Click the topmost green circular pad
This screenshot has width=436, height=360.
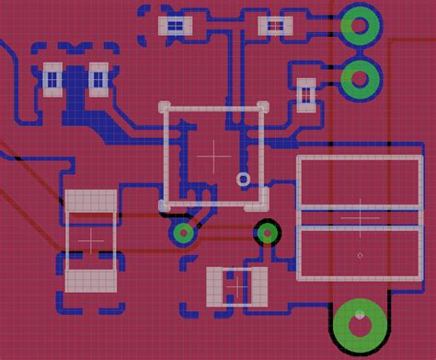[x=361, y=27]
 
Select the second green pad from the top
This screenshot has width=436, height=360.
[x=361, y=80]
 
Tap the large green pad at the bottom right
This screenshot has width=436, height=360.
[x=360, y=323]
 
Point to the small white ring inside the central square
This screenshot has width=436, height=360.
[x=244, y=179]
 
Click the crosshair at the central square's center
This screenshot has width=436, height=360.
[x=214, y=156]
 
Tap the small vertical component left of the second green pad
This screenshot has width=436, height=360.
[x=306, y=91]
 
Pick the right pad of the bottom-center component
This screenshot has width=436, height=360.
[x=256, y=285]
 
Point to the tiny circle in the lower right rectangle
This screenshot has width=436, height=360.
[x=360, y=255]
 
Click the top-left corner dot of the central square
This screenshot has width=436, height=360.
[x=166, y=107]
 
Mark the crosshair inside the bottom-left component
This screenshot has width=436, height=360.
[x=92, y=238]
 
